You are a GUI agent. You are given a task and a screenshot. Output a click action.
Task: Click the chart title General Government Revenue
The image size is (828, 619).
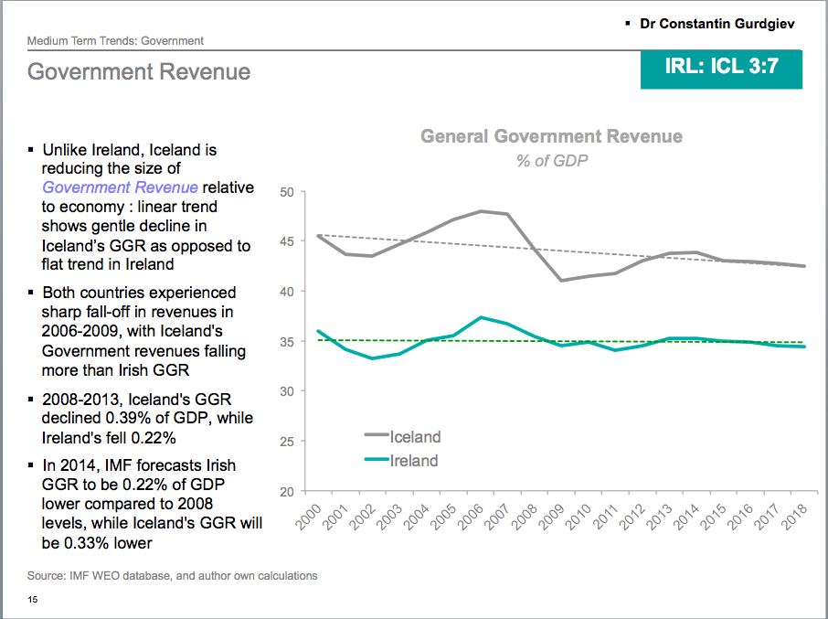point(551,136)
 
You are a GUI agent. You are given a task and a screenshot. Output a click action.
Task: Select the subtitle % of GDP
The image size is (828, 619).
point(551,161)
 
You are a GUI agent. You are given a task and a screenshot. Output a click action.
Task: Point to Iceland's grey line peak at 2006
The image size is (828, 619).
point(481,211)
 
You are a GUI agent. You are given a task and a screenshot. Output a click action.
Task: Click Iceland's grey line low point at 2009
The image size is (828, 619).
point(562,280)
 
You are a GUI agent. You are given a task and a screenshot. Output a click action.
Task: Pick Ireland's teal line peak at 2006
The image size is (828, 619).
point(481,317)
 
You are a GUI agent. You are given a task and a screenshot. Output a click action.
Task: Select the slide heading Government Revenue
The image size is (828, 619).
point(139,71)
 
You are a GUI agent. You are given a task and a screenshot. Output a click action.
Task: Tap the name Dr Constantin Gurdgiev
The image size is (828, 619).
point(717,23)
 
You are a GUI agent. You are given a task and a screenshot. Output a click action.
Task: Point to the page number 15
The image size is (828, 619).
point(33,600)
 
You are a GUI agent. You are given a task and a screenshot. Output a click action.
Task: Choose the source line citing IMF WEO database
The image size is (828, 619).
point(173,576)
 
